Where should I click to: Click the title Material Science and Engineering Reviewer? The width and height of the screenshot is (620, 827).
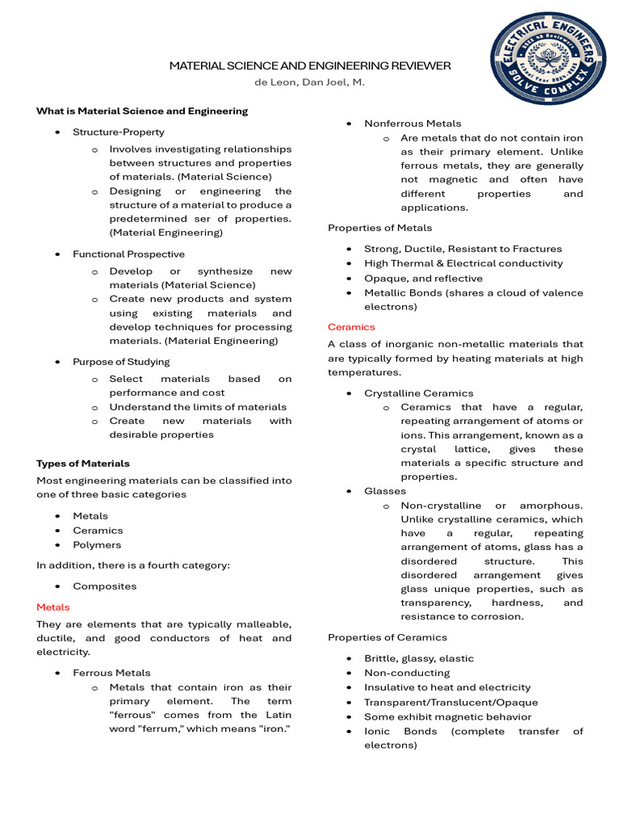(x=310, y=65)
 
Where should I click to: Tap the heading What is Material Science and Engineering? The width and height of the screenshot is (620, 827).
(x=142, y=111)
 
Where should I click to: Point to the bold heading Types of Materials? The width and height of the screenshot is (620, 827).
(x=83, y=464)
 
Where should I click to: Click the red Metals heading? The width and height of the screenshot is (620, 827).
(x=53, y=607)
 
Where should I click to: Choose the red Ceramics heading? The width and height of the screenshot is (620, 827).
(x=351, y=327)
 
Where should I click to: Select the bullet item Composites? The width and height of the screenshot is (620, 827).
(x=105, y=586)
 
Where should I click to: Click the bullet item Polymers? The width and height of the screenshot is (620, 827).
(x=97, y=545)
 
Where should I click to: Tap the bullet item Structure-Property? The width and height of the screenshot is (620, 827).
(x=119, y=132)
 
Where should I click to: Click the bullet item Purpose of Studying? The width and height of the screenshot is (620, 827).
(x=121, y=362)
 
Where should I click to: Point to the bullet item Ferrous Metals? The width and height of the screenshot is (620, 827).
(x=111, y=673)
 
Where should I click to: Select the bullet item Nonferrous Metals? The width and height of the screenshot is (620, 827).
(x=413, y=124)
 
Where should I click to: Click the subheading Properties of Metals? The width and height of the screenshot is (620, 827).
(x=379, y=228)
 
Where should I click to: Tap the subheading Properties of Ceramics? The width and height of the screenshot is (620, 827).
(x=386, y=637)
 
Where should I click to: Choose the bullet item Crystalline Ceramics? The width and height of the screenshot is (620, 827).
(x=419, y=393)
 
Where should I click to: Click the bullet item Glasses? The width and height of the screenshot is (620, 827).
(x=385, y=491)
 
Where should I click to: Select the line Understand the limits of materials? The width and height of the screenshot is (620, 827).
(x=198, y=407)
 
